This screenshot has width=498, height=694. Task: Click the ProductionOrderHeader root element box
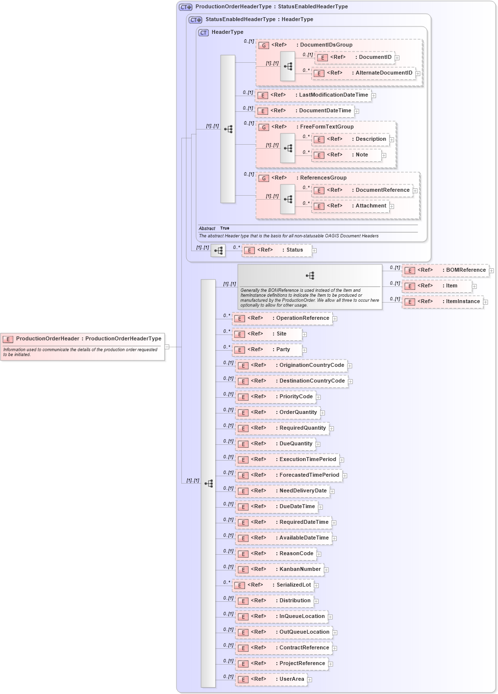tap(82, 339)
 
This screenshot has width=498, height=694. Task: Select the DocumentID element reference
tap(354, 57)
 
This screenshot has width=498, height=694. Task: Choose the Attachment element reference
tap(350, 206)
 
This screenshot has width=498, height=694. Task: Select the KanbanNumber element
tap(279, 569)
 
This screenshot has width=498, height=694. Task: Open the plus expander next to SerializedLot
tap(317, 586)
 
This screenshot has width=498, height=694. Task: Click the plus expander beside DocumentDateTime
tap(357, 111)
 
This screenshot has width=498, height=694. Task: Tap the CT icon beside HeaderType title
tap(203, 32)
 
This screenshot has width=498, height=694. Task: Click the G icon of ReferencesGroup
tap(264, 179)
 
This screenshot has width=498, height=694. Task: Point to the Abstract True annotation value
tap(224, 229)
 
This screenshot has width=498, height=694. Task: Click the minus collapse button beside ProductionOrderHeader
tap(167, 347)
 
